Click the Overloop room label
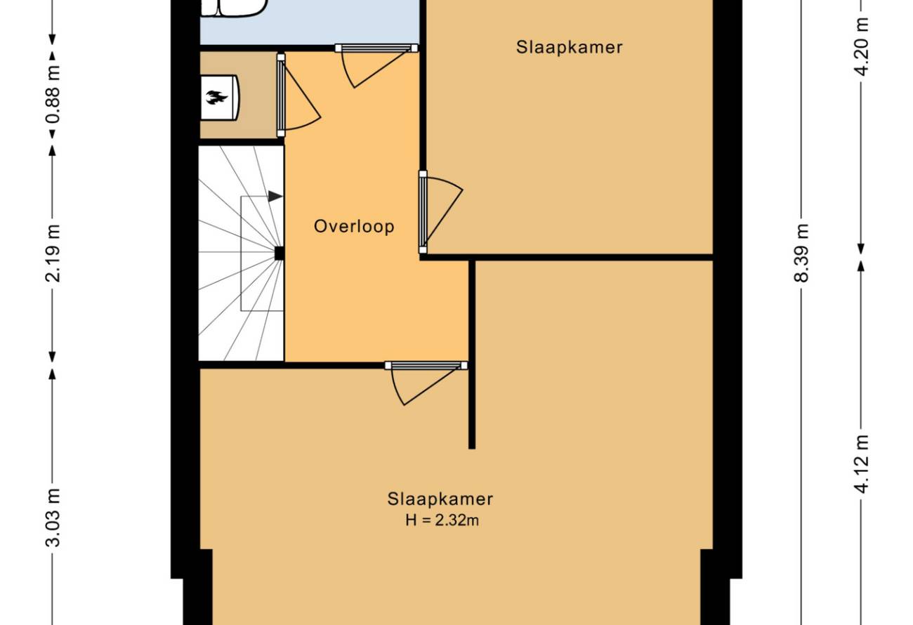tap(354, 226)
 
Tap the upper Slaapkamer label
tap(570, 47)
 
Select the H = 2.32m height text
tap(442, 520)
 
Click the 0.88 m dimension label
tap(53, 94)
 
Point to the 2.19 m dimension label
tap(53, 253)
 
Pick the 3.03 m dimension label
tap(53, 518)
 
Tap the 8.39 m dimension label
tap(801, 253)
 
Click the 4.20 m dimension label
tap(861, 47)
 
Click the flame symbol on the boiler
tap(216, 98)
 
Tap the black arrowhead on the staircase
tap(275, 197)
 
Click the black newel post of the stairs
tap(280, 254)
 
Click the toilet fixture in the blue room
tap(235, 7)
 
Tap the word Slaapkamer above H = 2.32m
tap(440, 499)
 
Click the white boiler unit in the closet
tap(220, 98)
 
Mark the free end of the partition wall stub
tap(471, 448)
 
